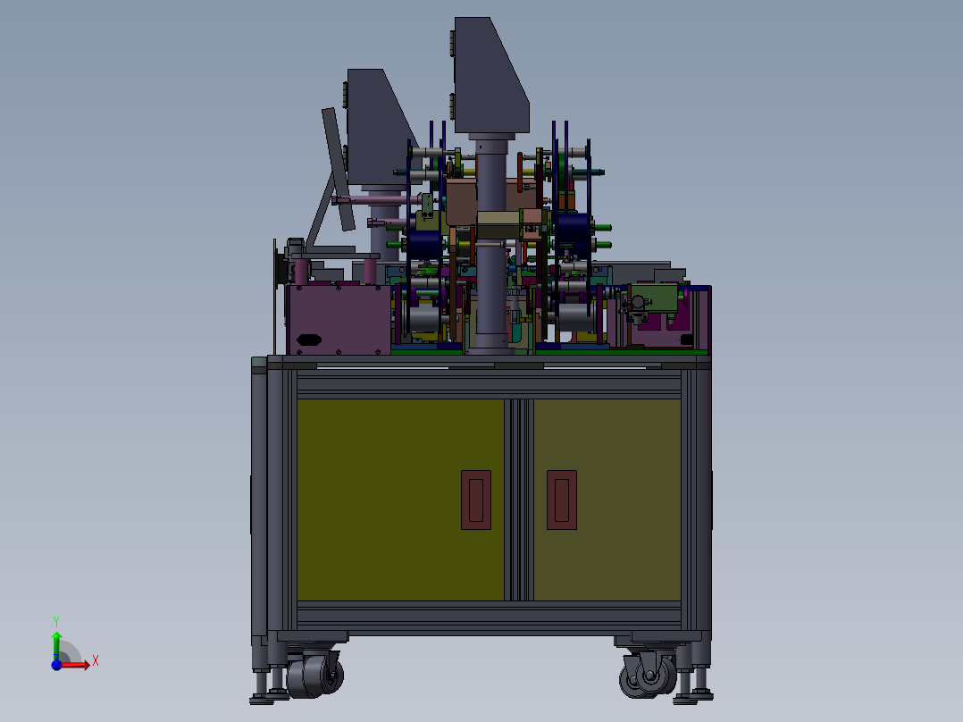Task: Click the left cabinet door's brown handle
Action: (476, 500)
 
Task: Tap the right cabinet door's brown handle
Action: (561, 500)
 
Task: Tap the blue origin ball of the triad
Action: (55, 665)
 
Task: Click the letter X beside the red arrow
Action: (95, 660)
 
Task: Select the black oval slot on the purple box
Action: (308, 339)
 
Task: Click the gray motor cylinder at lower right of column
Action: (572, 317)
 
